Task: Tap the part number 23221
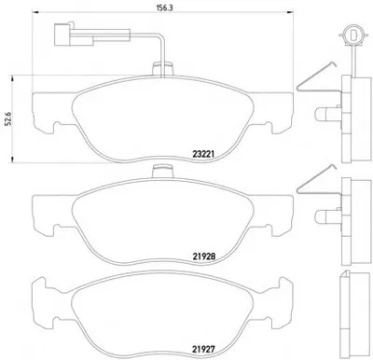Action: click(x=202, y=154)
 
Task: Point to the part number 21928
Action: click(x=204, y=256)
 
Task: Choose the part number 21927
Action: click(x=203, y=349)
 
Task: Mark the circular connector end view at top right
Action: click(x=352, y=34)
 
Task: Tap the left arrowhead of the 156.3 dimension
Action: click(x=35, y=13)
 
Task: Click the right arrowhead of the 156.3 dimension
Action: click(x=290, y=13)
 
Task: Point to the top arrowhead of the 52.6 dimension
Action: click(x=13, y=78)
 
